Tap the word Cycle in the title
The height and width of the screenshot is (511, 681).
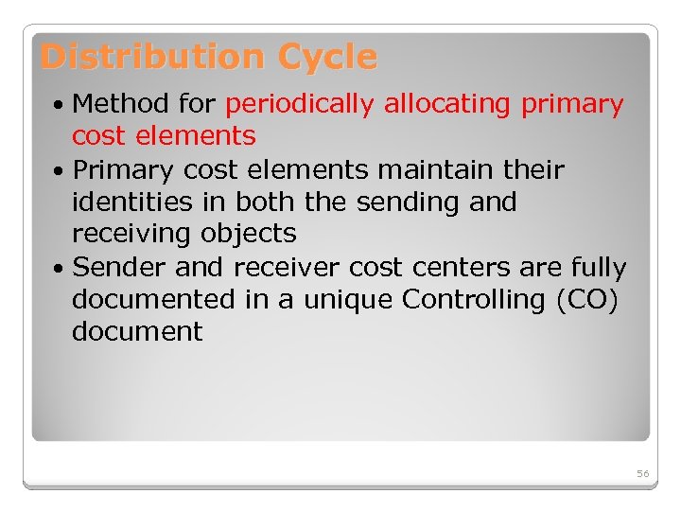coord(327,58)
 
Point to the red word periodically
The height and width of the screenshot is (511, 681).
coord(300,104)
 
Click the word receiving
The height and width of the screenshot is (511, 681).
coord(131,234)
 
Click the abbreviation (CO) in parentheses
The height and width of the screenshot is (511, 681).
coord(587,300)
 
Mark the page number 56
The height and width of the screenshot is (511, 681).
coord(643,473)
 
